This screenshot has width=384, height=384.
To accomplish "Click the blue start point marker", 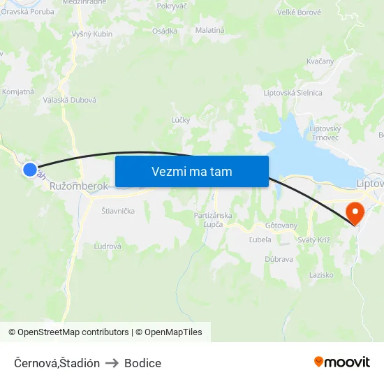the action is click(x=29, y=169).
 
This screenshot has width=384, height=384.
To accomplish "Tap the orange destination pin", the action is click(x=355, y=212).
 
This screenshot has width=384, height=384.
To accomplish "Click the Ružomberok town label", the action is click(x=79, y=186).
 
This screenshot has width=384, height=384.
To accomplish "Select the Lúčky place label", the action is click(x=181, y=120).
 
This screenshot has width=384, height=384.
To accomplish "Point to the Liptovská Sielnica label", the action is click(x=293, y=93).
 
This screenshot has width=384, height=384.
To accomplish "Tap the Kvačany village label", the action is click(x=320, y=61).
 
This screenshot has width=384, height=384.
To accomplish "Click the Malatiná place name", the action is click(x=209, y=31).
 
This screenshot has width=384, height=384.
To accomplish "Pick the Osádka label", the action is click(x=165, y=31).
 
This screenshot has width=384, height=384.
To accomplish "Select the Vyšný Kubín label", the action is click(x=92, y=34).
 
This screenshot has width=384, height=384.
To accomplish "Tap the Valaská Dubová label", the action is click(x=70, y=100).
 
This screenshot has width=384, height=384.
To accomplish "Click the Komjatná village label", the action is click(x=18, y=91).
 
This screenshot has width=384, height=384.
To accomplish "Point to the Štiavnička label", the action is click(x=118, y=210).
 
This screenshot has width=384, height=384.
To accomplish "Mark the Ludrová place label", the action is click(x=108, y=246).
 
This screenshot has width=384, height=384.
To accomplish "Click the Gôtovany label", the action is click(x=281, y=226).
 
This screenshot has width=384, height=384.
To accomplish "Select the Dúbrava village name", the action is click(x=279, y=258).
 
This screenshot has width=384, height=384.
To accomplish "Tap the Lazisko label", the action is click(x=321, y=275).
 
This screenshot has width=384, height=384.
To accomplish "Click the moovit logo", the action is click(x=341, y=362).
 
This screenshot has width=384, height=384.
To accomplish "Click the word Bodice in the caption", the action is click(x=142, y=363).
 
